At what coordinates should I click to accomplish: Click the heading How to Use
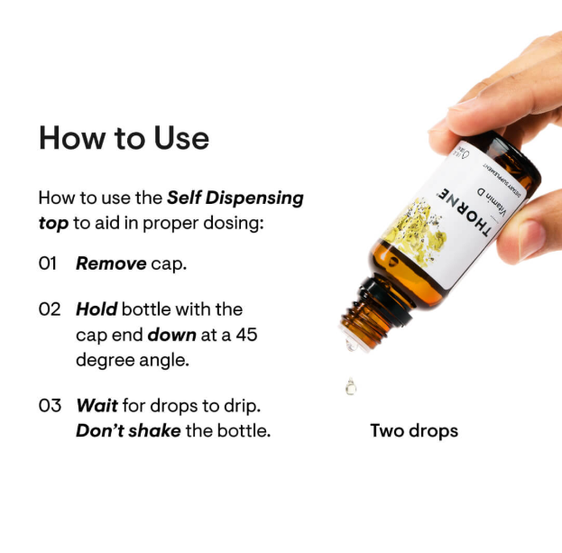coord(124,138)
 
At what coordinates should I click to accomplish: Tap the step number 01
coord(49,264)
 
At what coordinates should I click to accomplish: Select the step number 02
coord(49,309)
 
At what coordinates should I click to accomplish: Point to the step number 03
coord(49,406)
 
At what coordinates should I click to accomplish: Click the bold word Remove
coord(111,264)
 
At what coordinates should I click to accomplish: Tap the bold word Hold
coord(97,309)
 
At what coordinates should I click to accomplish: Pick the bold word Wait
coord(97,406)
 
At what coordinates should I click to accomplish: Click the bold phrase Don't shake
coord(128,430)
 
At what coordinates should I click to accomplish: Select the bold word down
coord(172,335)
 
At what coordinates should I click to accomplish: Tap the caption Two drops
coord(414,430)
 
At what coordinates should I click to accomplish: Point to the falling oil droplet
coord(350,387)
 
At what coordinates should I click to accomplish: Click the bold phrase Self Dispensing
coord(235,198)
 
